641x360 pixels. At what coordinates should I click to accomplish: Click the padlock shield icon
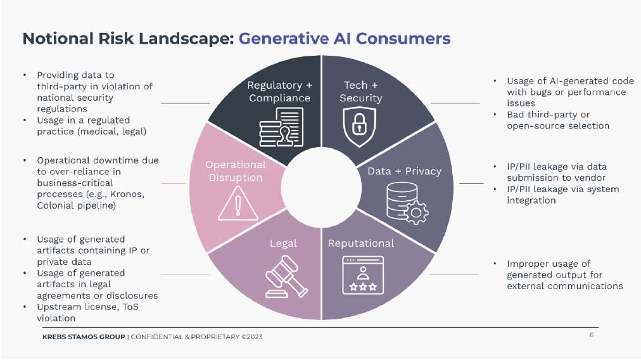point(359,127)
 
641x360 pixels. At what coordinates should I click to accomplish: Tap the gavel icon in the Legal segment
point(286,276)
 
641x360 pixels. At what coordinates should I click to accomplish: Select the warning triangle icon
point(238,203)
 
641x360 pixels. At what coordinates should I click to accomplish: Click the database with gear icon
point(407,203)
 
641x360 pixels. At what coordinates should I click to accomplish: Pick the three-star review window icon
point(363,275)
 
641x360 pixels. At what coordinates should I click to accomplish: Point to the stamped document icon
point(281,127)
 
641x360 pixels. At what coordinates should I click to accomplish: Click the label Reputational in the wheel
point(361,243)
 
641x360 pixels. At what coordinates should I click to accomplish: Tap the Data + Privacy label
point(404,171)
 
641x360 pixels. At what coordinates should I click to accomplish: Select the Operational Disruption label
point(236,171)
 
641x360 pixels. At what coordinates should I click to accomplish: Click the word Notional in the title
point(58,39)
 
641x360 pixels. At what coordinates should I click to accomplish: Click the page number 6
point(591,335)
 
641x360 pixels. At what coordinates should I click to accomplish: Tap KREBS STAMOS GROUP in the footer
point(84,337)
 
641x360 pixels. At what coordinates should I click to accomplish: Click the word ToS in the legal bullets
point(130,307)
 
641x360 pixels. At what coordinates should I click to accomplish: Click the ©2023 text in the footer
point(252,337)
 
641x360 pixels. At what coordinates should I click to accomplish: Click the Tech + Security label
point(360,92)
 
